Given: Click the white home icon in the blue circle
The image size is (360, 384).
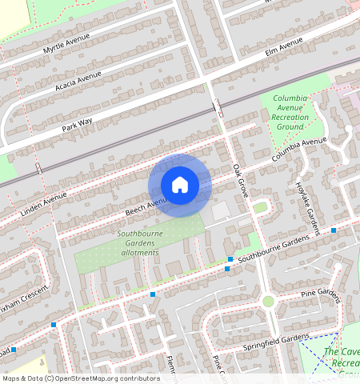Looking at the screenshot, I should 180,185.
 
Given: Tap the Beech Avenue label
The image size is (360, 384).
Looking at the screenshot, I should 144,207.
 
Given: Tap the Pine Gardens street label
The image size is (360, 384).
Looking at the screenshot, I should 321,296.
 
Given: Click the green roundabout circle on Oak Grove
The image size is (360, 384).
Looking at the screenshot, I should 268,301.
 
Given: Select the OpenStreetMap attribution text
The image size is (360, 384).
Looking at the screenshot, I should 82,378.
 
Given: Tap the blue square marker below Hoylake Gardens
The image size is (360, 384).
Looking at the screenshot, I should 334,230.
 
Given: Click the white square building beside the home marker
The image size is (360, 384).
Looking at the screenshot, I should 221,211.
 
